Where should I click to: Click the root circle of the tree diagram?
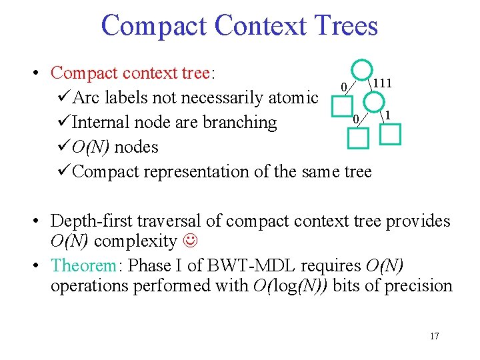362,71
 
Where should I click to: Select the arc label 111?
381,83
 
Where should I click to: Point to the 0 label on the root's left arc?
343,87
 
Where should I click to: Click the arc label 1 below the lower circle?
387,115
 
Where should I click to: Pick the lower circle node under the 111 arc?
375,102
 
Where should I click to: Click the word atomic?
292,98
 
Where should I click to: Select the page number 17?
435,336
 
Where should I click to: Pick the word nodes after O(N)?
136,147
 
